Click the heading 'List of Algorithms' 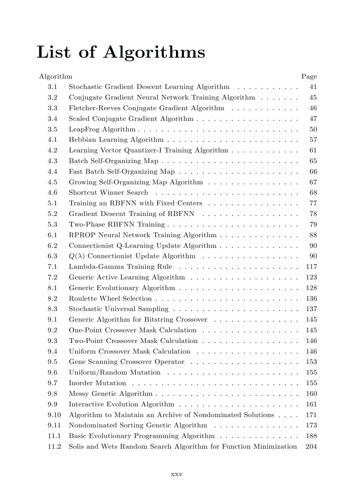click(x=121, y=52)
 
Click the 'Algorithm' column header click(x=56, y=76)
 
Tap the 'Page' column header click(x=309, y=76)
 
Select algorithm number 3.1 click(x=52, y=87)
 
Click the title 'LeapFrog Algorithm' click(x=102, y=129)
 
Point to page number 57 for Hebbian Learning click(x=313, y=140)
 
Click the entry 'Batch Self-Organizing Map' click(x=113, y=161)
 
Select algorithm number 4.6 click(x=52, y=193)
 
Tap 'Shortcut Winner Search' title click(x=109, y=193)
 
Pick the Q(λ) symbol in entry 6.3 click(x=77, y=256)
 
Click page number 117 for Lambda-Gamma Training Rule click(x=311, y=267)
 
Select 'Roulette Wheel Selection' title click(x=110, y=298)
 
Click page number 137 click(x=311, y=309)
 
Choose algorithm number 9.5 click(x=52, y=362)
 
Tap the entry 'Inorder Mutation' click(x=97, y=383)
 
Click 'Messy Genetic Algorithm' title click(x=111, y=394)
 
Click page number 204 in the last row click(x=311, y=447)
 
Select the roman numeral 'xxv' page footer click(x=176, y=474)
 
